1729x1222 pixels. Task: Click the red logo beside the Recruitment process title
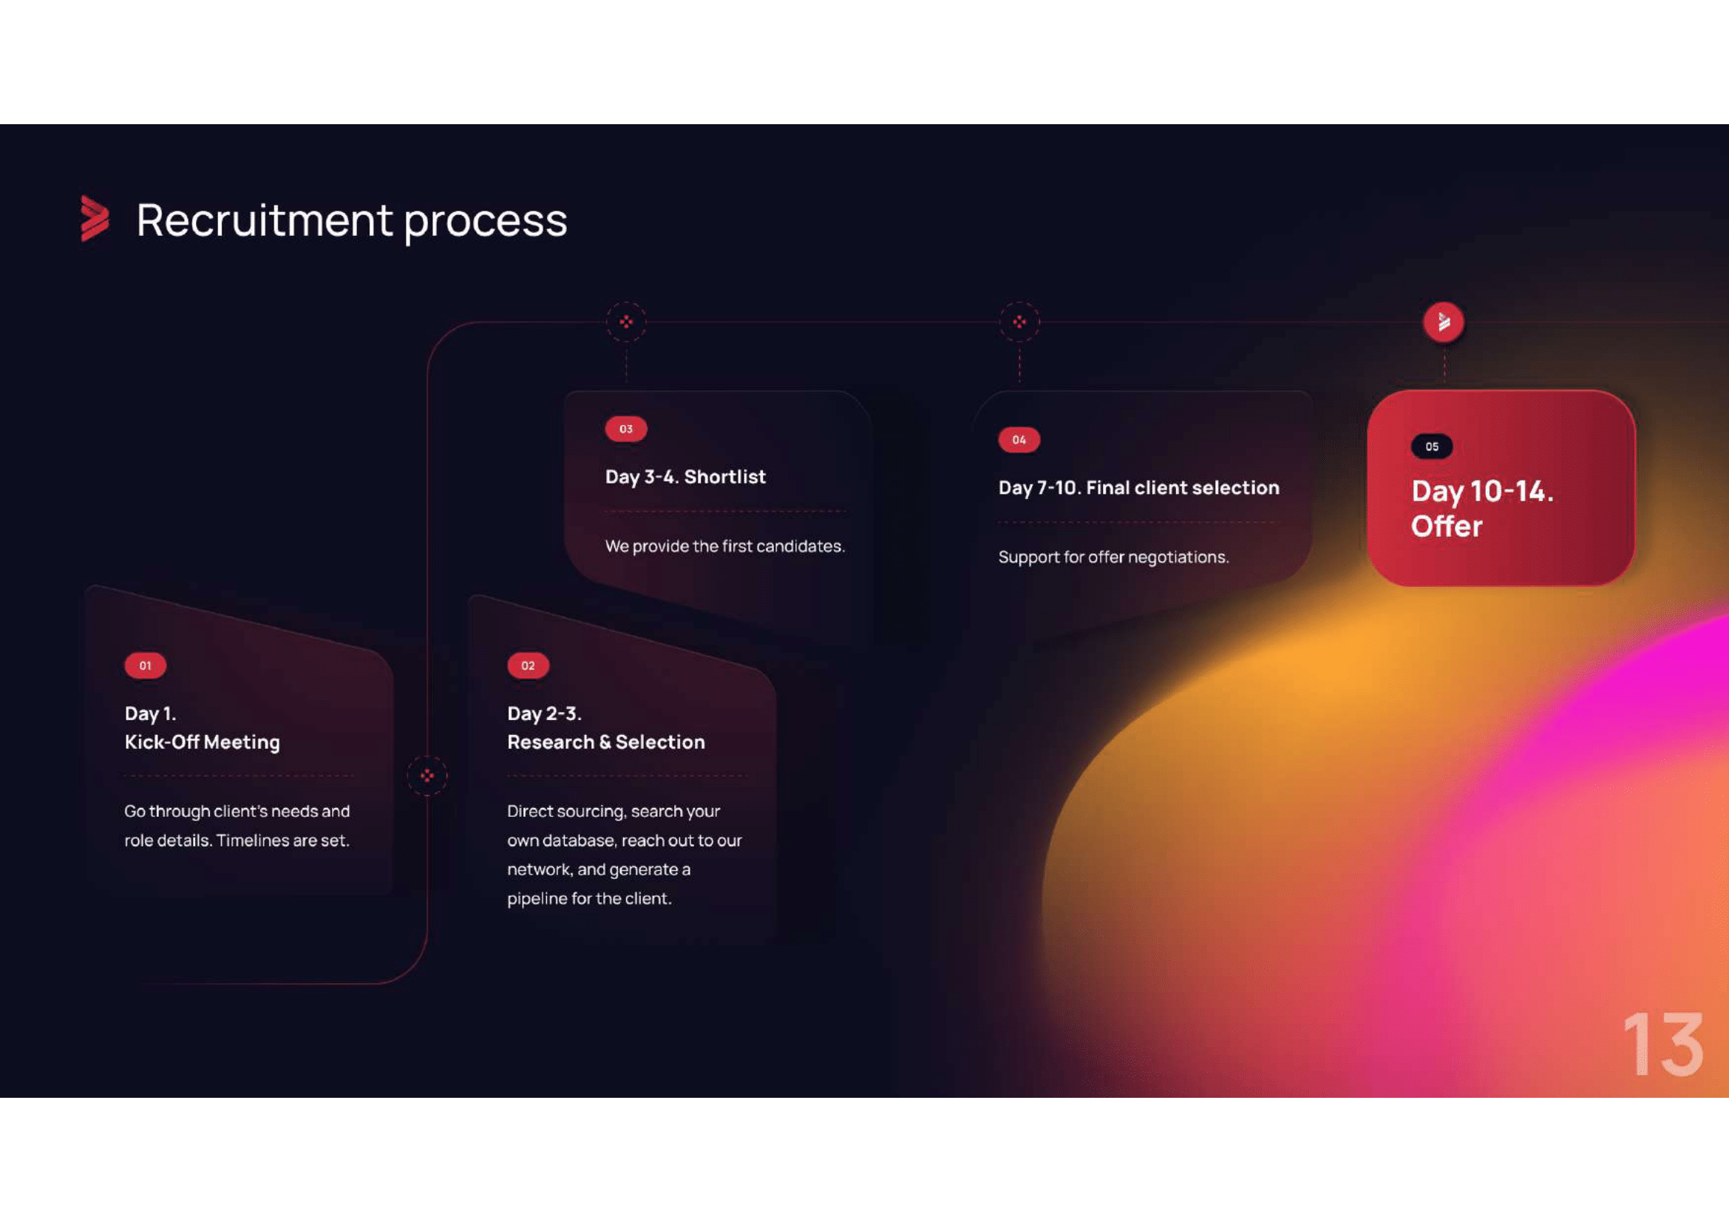click(x=95, y=218)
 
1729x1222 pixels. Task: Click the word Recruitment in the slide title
click(x=265, y=220)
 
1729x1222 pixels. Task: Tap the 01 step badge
click(x=146, y=665)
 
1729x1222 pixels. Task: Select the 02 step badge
click(x=528, y=665)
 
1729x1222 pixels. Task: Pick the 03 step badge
click(x=626, y=430)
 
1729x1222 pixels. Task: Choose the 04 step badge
click(x=1019, y=440)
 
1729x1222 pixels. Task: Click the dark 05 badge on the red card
click(x=1432, y=447)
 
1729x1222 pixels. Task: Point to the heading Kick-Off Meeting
click(x=203, y=742)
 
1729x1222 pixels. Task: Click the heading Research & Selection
click(x=606, y=742)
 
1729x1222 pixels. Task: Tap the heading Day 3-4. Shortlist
click(x=685, y=478)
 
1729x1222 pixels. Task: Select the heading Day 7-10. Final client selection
click(x=1138, y=488)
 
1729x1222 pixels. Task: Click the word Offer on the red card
click(x=1447, y=526)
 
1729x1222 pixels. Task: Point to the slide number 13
click(x=1662, y=1045)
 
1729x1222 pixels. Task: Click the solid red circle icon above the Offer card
click(x=1444, y=322)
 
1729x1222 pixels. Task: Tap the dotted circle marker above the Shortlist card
click(x=626, y=322)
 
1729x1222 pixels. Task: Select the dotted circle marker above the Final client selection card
click(x=1019, y=322)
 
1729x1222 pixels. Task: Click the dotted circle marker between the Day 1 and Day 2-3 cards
click(x=427, y=775)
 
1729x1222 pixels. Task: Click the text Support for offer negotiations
click(x=1114, y=557)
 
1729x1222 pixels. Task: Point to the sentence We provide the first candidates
click(x=725, y=546)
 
